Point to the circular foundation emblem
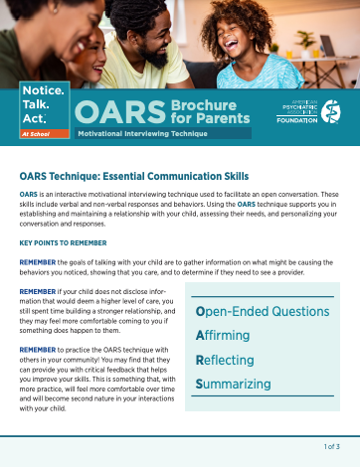(x=330, y=110)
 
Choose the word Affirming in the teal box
(x=223, y=336)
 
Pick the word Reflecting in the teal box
(x=225, y=360)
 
